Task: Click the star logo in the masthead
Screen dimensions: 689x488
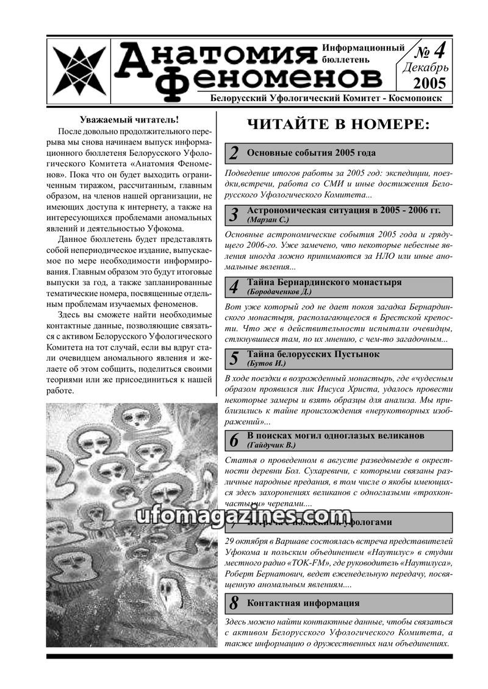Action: click(79, 69)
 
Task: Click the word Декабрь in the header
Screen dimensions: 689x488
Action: click(426, 67)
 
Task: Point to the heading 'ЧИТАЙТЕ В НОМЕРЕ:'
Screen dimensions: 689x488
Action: click(339, 125)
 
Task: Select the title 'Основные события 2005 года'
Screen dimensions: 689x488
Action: click(312, 153)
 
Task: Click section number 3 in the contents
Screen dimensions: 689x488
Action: click(234, 215)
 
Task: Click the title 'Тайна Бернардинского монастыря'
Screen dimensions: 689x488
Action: click(325, 283)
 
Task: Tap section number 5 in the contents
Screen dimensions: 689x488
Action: click(234, 358)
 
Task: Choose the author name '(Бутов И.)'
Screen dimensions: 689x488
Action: click(267, 363)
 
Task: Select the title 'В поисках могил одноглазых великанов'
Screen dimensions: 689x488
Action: click(335, 436)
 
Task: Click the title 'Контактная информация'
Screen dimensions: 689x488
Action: click(303, 603)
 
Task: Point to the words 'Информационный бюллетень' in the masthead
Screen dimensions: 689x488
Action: click(364, 54)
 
